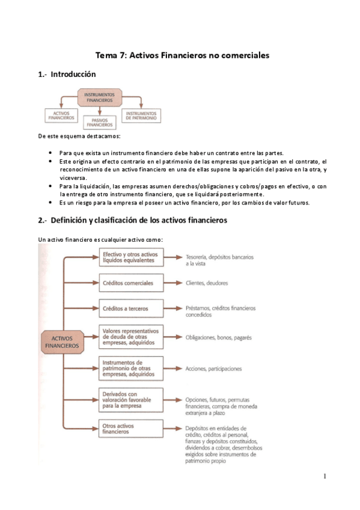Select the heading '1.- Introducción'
67,75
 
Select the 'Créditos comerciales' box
130,283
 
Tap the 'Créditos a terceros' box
130,309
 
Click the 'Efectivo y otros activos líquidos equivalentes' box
130,257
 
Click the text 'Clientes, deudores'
207,283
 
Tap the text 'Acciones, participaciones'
213,368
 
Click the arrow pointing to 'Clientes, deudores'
173,283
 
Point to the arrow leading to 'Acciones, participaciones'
173,368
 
